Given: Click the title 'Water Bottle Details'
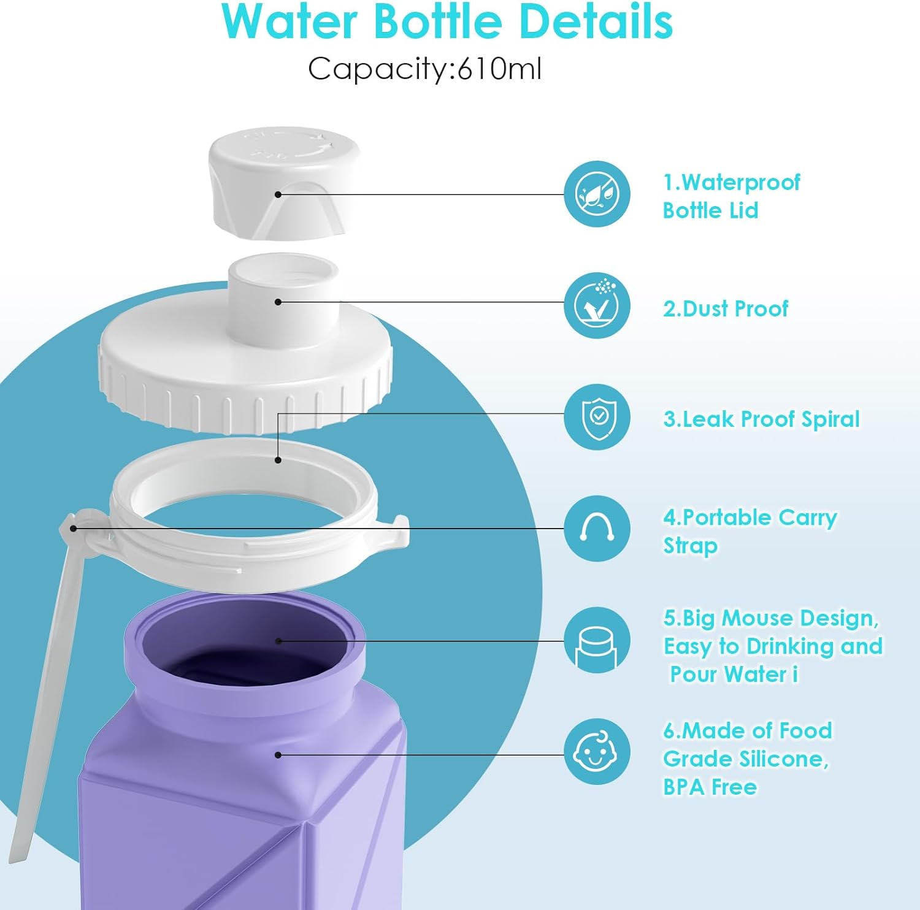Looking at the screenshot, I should coord(447,23).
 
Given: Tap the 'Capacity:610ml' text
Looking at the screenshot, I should coord(424,68).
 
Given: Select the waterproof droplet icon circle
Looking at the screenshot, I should coord(597,194).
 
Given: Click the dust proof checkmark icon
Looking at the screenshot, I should coord(597,305).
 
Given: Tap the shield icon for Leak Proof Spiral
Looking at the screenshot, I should coord(597,417).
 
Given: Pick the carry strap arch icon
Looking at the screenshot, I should coord(597,529).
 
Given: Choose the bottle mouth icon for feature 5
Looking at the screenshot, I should coord(597,640).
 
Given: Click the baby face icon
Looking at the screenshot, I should coord(597,752).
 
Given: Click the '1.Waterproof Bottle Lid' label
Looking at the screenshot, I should coord(731,196).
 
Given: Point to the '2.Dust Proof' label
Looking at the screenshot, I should coord(726,308).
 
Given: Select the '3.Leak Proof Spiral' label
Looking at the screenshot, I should coord(761,419).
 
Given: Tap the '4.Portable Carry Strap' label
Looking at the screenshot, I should coord(749,531).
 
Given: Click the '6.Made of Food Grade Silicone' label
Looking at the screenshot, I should coord(747,759).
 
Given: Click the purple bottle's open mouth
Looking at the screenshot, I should coord(245,644).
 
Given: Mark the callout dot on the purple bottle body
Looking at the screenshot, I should coord(278,755).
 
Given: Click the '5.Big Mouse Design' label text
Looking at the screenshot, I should coord(772,646).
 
